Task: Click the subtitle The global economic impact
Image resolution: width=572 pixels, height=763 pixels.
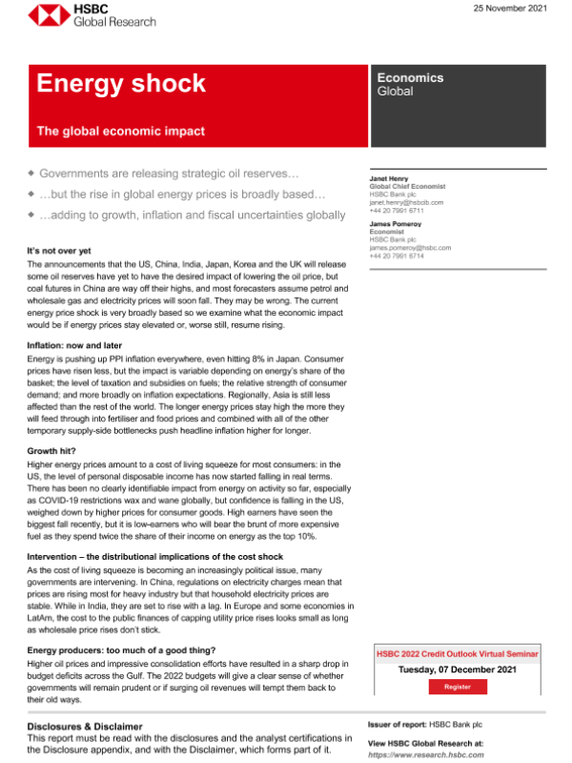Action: click(x=120, y=131)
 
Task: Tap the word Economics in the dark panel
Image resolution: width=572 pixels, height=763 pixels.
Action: click(x=410, y=78)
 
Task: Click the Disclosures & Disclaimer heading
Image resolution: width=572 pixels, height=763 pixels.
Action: click(x=85, y=726)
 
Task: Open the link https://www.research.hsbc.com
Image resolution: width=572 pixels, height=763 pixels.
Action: click(x=426, y=753)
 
